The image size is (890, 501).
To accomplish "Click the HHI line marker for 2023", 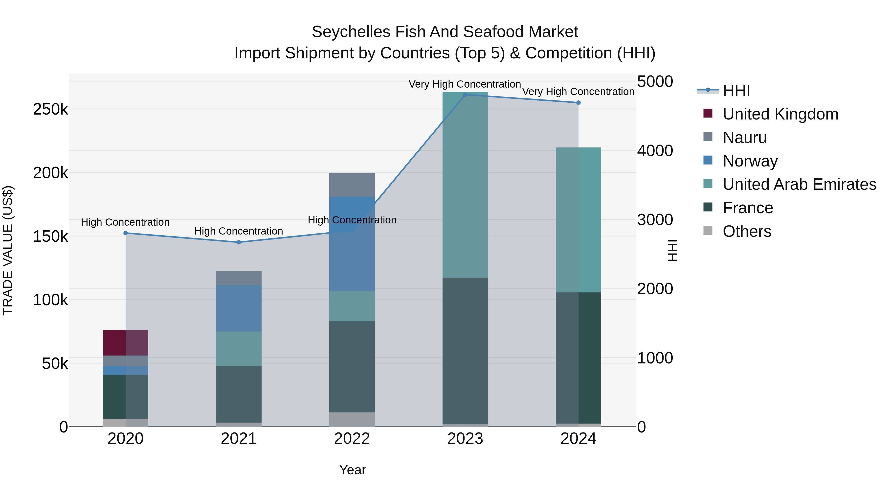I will [465, 95].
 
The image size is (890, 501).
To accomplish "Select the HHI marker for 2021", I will [239, 242].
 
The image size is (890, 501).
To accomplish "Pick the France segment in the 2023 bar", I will [465, 351].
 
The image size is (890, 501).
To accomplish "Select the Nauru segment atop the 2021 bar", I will [239, 278].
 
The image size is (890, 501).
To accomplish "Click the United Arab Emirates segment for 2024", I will [578, 220].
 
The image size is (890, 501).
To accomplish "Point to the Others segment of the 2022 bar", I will [352, 419].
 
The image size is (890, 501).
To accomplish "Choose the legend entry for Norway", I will [750, 161].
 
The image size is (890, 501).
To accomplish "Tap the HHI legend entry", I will [736, 91].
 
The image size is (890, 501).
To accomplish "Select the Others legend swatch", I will [708, 231].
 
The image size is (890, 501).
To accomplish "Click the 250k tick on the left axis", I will [50, 110].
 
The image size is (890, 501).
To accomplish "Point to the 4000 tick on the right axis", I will [655, 151].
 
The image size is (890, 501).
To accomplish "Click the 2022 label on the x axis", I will [352, 439].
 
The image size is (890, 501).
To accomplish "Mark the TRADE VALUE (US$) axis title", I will [8, 250].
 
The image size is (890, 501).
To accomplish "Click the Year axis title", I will [352, 470].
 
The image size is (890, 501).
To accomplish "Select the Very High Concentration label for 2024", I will [578, 92].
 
